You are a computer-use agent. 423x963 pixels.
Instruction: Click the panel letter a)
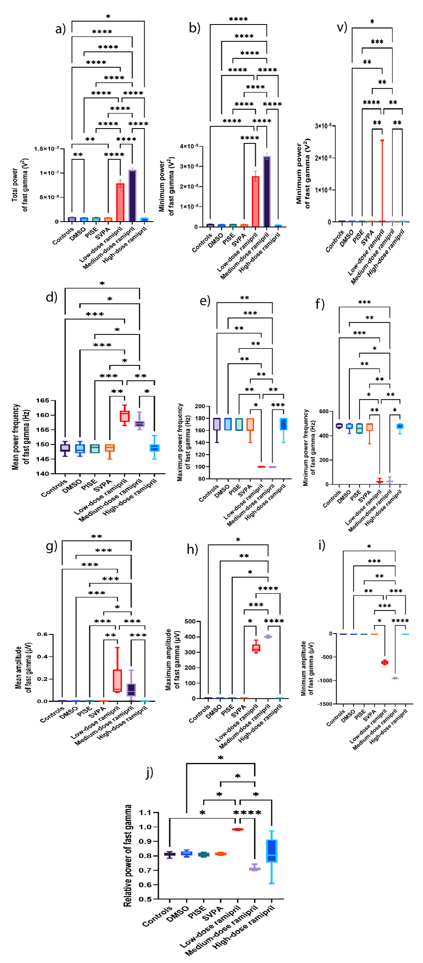coord(60,29)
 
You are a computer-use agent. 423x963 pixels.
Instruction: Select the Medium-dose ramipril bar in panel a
coord(132,195)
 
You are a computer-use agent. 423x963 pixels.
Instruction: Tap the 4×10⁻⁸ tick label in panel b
coord(189,146)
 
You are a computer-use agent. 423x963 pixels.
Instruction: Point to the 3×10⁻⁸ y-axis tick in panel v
coord(323,126)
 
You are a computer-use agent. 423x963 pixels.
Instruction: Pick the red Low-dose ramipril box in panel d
coord(124,416)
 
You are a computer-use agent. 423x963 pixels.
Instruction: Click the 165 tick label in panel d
coord(42,401)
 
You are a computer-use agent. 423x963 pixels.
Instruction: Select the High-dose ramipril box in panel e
coord(283,424)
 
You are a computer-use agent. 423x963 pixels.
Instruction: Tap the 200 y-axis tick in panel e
coord(200,406)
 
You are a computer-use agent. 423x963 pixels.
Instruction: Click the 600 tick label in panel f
coord(324,412)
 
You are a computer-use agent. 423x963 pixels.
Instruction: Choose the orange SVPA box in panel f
coord(370,427)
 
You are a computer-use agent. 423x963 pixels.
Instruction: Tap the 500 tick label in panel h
coord(190,621)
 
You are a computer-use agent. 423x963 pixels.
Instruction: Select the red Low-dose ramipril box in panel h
coord(256,648)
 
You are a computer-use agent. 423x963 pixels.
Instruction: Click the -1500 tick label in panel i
coord(325,704)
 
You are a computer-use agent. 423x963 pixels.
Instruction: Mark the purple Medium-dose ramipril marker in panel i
coord(395,678)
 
